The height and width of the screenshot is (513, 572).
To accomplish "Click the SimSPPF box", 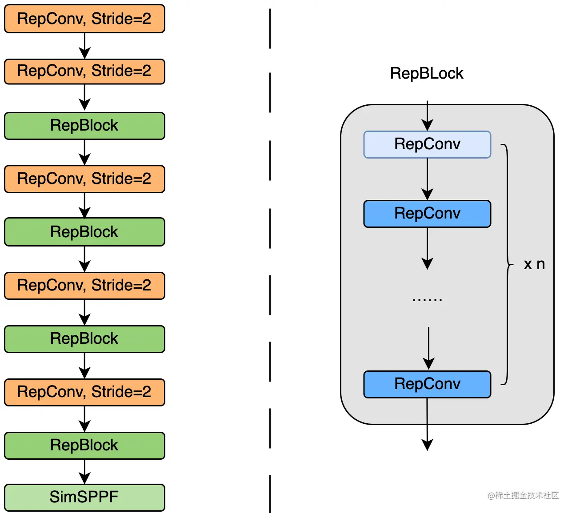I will (84, 497).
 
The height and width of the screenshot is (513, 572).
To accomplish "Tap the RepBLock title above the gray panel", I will (426, 73).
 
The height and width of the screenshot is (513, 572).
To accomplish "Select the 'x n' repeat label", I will (534, 264).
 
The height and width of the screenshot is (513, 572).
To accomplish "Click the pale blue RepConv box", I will (427, 144).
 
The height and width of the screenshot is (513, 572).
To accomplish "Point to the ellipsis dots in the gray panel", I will (427, 300).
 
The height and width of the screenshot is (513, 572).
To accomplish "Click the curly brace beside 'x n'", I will (507, 264).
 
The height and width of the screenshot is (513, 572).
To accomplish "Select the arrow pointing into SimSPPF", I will (84, 472).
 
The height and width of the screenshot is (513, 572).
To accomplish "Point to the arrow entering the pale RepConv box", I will (427, 117).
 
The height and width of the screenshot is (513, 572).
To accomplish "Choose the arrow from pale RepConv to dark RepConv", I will (427, 179).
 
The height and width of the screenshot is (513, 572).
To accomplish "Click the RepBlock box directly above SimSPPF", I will (84, 445).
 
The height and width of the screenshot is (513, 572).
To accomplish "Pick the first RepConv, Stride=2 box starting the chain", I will (84, 19).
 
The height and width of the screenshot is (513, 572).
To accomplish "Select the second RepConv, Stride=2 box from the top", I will (84, 71).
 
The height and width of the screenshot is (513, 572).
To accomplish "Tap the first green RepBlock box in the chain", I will (84, 126).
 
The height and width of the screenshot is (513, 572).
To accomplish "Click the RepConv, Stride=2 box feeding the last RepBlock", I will (84, 392).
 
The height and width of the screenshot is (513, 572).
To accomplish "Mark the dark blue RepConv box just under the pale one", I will (427, 214).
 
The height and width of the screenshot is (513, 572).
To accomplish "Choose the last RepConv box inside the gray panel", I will (427, 384).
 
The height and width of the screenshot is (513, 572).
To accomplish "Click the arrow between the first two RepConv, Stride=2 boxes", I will (84, 46).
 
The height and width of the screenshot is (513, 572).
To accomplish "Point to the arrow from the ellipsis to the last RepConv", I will (428, 349).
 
